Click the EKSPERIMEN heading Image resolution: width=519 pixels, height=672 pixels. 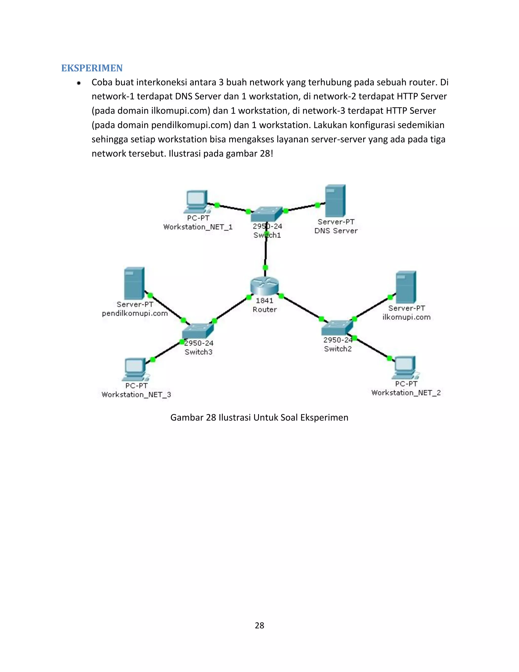click(92, 68)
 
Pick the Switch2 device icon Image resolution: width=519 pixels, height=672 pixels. click(337, 328)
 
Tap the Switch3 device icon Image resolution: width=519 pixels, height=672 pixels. click(197, 331)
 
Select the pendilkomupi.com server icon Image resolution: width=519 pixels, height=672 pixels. click(134, 283)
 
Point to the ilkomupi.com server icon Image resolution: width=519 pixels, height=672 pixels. click(406, 287)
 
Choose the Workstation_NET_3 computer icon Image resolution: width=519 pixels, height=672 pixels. click(135, 369)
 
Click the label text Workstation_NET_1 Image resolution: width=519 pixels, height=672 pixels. click(198, 227)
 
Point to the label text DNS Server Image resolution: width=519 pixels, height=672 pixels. click(336, 231)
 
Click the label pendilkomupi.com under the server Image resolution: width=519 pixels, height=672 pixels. click(135, 313)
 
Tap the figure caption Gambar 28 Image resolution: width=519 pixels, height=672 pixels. click(259, 418)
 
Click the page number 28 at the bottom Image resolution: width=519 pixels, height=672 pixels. click(259, 625)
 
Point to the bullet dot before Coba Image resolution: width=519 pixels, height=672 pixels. click(79, 83)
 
